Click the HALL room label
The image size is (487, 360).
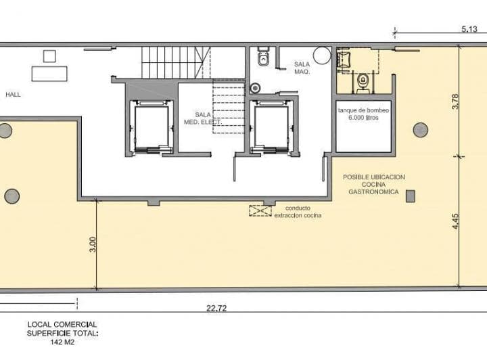coord(13,95)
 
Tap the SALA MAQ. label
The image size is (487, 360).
coord(302,68)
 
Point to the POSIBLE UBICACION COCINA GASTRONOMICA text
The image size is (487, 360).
coord(374,184)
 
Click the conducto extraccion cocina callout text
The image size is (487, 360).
coord(298,212)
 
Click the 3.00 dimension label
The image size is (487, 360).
coord(93,244)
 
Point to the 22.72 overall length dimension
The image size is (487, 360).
coord(216,309)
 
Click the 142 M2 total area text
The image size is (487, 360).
coord(62,342)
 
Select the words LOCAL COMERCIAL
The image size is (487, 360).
coord(62,325)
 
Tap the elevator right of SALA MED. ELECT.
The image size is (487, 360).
coord(272,127)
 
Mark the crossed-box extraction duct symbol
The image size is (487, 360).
coord(260,211)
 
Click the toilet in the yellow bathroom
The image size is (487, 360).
coord(364,81)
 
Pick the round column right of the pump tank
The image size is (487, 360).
coord(420,129)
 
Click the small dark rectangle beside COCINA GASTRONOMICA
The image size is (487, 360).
coord(411,196)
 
